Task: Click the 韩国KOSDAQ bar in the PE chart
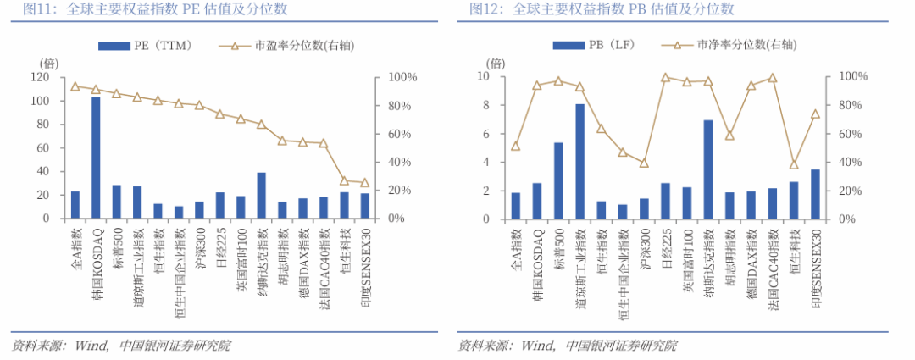click(96, 158)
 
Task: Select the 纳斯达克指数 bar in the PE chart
click(261, 196)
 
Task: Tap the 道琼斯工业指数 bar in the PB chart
click(580, 161)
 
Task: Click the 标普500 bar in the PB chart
click(558, 180)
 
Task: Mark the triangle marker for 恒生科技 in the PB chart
click(794, 164)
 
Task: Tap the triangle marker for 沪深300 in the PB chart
click(644, 163)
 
